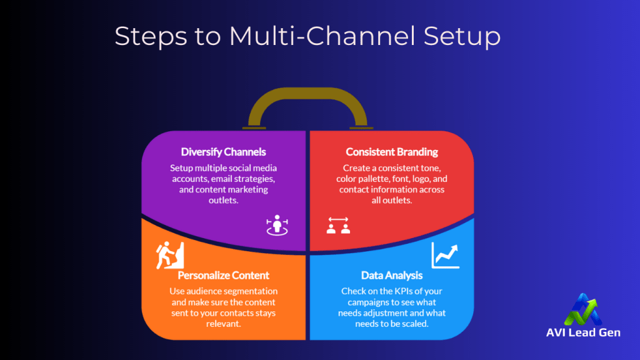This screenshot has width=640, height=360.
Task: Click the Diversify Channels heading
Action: [x=223, y=152]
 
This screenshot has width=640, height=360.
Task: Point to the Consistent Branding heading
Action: [x=392, y=152]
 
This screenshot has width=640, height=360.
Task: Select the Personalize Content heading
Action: [x=224, y=275]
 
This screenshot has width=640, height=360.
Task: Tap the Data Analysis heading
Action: [x=392, y=275]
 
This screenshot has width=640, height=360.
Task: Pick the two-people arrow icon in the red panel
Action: [x=338, y=226]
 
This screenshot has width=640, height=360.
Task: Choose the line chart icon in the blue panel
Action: [x=445, y=254]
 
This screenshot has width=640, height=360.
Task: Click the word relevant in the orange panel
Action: [x=224, y=324]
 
